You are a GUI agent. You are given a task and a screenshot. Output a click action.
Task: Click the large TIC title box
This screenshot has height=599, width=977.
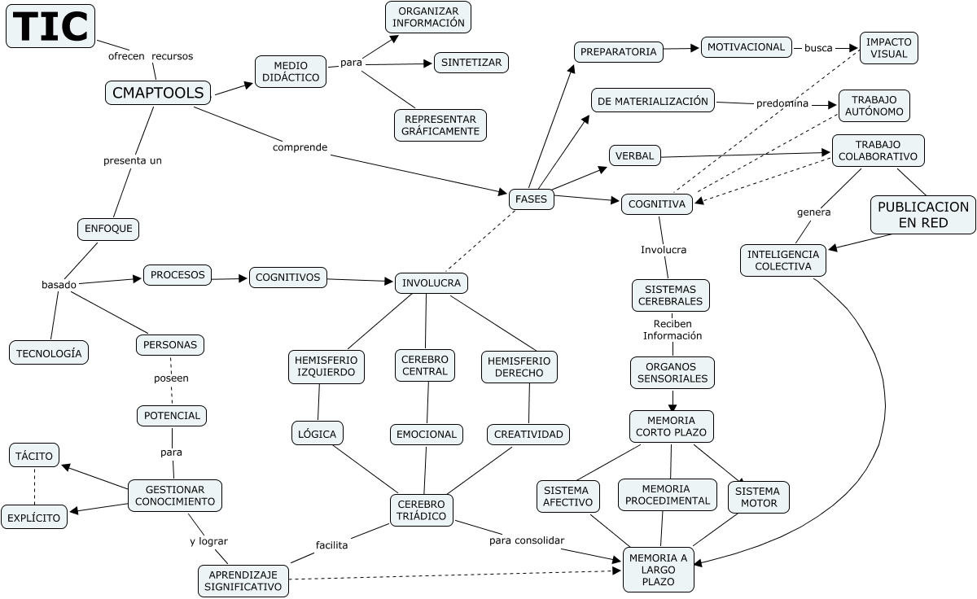coord(50,27)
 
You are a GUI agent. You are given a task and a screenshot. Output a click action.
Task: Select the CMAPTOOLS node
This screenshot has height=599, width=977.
coord(158,93)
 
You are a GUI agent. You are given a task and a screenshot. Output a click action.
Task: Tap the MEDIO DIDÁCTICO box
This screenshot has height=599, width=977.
coord(291,72)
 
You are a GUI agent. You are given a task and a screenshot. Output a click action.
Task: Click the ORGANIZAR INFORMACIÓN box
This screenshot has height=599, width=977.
coord(428,17)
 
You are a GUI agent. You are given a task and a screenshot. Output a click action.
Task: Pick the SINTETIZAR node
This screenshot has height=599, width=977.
coord(471,63)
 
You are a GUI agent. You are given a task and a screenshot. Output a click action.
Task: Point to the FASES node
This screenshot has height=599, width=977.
coord(532,199)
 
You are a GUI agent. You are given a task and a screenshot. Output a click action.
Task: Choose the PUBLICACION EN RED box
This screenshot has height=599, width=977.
coord(923,215)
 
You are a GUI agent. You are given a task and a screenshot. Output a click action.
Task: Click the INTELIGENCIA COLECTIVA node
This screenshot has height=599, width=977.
coord(783,260)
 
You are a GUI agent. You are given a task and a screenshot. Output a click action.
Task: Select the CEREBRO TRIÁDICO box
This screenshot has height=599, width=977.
coord(421,510)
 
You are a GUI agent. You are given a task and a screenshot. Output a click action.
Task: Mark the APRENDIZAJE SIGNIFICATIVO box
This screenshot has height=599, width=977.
coord(243,579)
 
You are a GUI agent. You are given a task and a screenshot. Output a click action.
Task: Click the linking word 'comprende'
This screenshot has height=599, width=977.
coord(300,147)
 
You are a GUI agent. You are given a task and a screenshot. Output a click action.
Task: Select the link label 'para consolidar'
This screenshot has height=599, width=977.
coord(526,540)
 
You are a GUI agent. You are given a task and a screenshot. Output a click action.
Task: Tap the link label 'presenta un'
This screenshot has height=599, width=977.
coord(132,160)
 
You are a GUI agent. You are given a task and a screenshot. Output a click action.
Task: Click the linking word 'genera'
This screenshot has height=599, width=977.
coord(813,212)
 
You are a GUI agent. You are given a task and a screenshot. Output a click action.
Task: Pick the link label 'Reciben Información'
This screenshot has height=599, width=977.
coord(672,329)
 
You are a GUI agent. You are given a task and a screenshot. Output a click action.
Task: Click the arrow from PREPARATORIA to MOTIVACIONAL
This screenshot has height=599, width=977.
coord(682,49)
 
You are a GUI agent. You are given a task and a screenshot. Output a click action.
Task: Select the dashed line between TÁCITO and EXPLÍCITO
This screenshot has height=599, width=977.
coord(34,486)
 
